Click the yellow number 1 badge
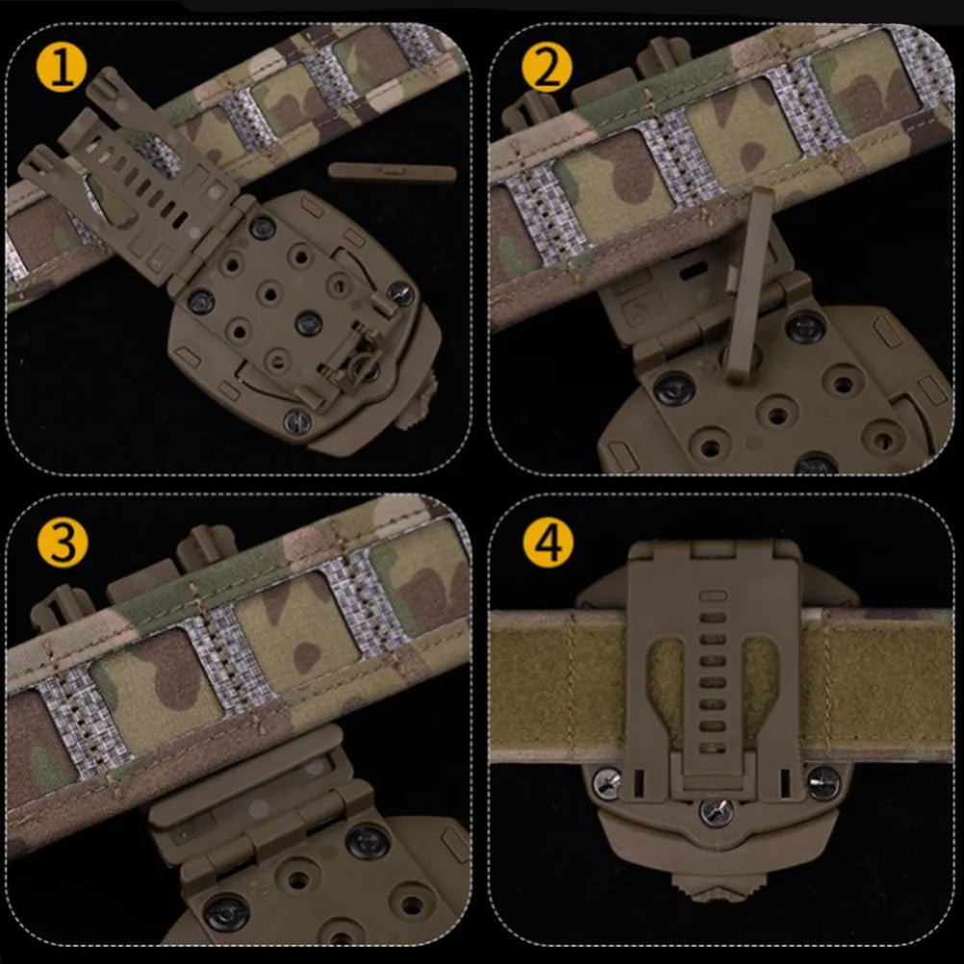pyautogui.click(x=61, y=67)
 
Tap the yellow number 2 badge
pyautogui.click(x=546, y=67)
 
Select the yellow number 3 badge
pyautogui.click(x=63, y=543)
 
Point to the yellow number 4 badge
pyautogui.click(x=548, y=543)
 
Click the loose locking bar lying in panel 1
pyautogui.click(x=393, y=171)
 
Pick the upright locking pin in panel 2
pyautogui.click(x=748, y=284)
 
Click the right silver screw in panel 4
pyautogui.click(x=824, y=782)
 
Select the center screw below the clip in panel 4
pyautogui.click(x=716, y=813)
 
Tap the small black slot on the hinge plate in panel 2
pyautogui.click(x=693, y=269)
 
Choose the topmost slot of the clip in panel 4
pyautogui.click(x=713, y=596)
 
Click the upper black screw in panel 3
pyautogui.click(x=368, y=843)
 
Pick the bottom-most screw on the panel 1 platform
pyautogui.click(x=297, y=421)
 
